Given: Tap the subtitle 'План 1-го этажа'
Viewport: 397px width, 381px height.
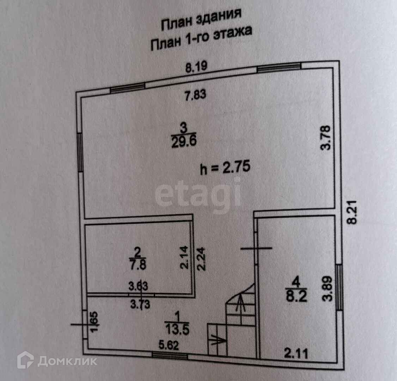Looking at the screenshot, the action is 201,38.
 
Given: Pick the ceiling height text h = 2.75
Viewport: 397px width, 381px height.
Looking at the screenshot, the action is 225,167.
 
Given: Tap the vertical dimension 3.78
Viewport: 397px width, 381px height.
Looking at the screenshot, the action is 327,138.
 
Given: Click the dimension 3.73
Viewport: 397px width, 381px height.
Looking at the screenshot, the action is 140,303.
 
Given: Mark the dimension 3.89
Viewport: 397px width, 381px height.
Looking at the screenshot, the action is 328,288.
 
